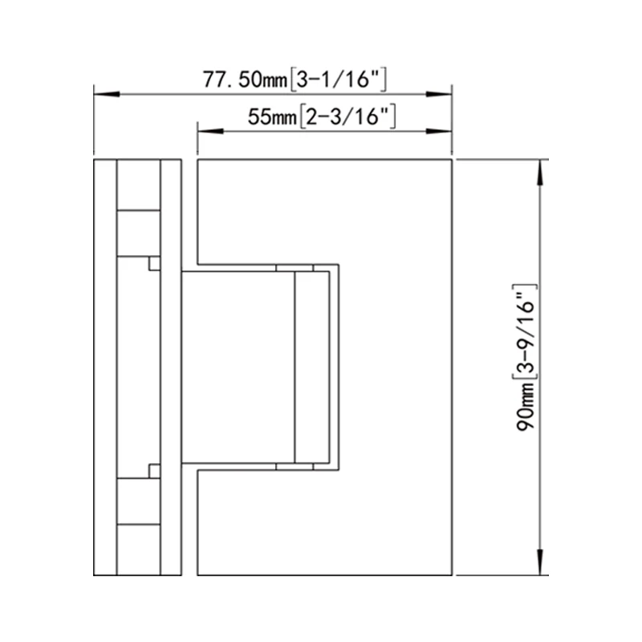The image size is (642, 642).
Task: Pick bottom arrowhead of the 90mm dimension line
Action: pyautogui.click(x=543, y=563)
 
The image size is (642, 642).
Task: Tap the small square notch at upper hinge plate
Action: pyautogui.click(x=155, y=263)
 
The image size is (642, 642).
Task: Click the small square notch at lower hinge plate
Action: pyautogui.click(x=155, y=470)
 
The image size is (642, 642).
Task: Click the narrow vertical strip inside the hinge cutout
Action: pyautogui.click(x=312, y=367)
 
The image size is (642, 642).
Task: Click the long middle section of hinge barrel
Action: pyautogui.click(x=139, y=367)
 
